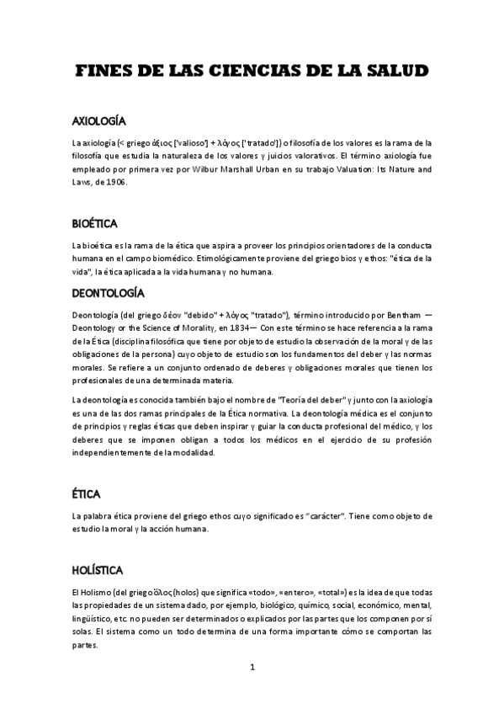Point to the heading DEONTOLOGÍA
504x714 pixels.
point(109,293)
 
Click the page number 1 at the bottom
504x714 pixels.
point(252,668)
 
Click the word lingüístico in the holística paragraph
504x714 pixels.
point(95,617)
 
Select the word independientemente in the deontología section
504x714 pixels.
point(118,452)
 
